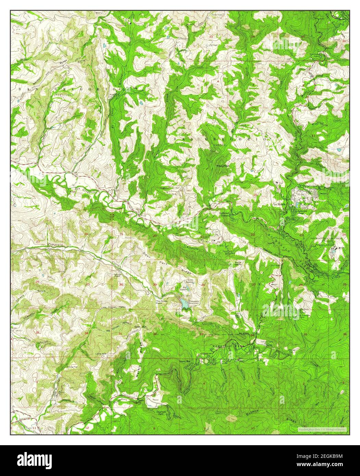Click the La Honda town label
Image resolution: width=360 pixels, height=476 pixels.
[x=279, y=204]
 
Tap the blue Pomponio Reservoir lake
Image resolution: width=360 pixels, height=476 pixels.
[x=185, y=303]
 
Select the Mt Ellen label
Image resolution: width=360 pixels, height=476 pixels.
[x=243, y=333]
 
